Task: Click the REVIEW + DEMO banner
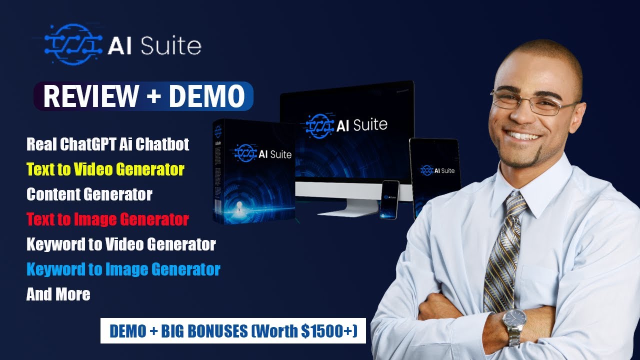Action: (143, 96)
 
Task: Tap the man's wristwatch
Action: (514, 320)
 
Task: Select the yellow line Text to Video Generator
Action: (105, 169)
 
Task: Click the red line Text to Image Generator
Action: (107, 219)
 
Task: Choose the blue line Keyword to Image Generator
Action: (123, 269)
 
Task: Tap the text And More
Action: (58, 294)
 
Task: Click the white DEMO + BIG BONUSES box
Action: (233, 330)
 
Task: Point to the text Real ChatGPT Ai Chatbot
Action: (108, 144)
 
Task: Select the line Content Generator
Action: (89, 194)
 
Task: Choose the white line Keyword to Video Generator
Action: (121, 244)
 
